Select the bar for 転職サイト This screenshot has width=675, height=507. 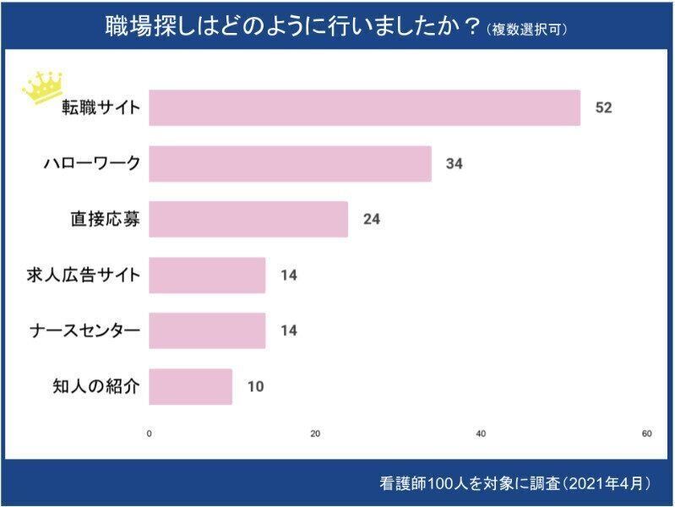[x=364, y=108]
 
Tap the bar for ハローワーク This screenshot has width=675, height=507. [x=290, y=164]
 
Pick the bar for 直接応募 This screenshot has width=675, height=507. [x=248, y=220]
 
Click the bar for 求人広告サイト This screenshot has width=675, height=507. [x=207, y=275]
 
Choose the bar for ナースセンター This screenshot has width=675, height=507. [x=207, y=330]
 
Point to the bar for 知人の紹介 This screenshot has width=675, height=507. [x=190, y=386]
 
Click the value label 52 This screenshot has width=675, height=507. [x=602, y=108]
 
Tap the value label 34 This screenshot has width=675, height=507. [x=454, y=164]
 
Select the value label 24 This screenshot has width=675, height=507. [x=371, y=220]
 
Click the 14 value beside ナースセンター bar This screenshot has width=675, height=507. [x=288, y=330]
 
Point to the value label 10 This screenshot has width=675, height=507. [x=255, y=386]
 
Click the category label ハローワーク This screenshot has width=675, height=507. [x=91, y=164]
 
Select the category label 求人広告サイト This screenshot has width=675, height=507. [x=84, y=275]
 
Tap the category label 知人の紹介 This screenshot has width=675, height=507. [x=95, y=386]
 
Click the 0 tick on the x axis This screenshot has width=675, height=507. [x=150, y=434]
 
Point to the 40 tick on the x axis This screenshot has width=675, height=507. [x=481, y=434]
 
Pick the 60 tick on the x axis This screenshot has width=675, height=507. [x=646, y=434]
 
